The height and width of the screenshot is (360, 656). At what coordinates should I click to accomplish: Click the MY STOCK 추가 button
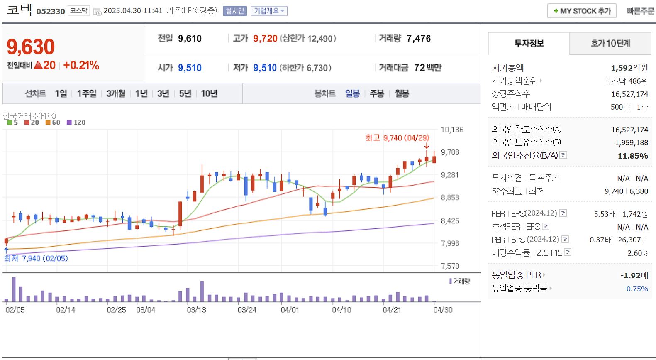coord(582,11)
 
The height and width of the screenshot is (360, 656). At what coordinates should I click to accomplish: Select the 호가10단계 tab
coord(610,43)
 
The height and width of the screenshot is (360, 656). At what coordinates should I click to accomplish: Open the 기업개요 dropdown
coord(269,11)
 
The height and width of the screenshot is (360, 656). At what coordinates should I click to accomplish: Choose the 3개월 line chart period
coord(116,93)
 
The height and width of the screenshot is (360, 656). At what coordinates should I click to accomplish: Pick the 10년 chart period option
coord(209,93)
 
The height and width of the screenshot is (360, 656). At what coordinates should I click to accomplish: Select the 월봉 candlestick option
coord(402,93)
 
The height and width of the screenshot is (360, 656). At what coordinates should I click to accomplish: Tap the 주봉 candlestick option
coord(377,93)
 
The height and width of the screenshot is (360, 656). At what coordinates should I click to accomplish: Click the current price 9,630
coord(31,47)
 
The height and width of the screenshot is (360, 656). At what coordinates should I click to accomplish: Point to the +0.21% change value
coord(81,65)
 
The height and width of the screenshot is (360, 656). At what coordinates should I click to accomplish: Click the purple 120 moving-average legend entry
coord(76,122)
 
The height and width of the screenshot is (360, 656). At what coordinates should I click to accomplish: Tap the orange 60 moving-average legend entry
coord(53,122)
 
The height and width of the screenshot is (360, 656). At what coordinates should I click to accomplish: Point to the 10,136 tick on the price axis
coord(452,130)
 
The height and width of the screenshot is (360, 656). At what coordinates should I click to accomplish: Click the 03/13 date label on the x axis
coord(196,310)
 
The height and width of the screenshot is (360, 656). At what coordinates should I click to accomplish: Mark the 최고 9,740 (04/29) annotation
coord(397,137)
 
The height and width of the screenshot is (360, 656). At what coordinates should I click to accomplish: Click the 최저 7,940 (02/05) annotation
coord(36,258)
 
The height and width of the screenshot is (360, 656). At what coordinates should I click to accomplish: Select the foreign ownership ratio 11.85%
coord(632,156)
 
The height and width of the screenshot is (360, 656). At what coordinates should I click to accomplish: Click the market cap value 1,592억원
coord(629,68)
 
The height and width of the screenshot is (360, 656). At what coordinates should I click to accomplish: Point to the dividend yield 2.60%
coord(637,253)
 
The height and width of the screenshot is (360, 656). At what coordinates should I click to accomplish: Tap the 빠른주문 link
coord(640,11)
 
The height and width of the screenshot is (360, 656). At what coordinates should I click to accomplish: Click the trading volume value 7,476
coord(418,39)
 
